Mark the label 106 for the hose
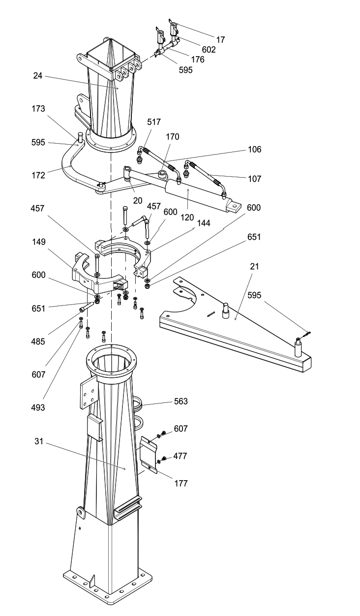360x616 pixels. (x=254, y=150)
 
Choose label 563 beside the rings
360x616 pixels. (x=180, y=401)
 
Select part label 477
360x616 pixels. (x=180, y=456)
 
